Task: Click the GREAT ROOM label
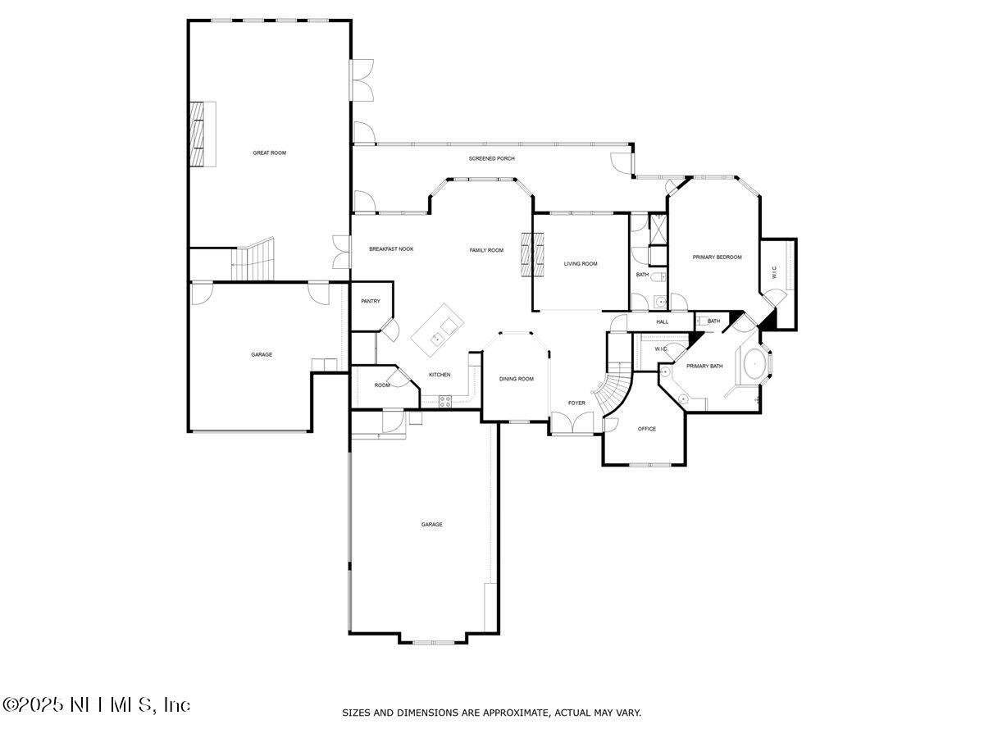coord(269,153)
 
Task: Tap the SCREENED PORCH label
coord(491,158)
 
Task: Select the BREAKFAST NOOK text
coord(390,249)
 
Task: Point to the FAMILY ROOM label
coord(486,250)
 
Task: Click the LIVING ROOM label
coord(580,264)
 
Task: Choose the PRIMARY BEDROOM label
coord(717,257)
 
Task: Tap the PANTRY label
coord(371,301)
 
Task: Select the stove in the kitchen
coord(447,400)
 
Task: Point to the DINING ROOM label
coord(517,379)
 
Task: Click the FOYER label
coord(577,403)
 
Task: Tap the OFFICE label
coord(647,429)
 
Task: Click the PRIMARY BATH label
coord(704,366)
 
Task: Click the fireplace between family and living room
coord(532,256)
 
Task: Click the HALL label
coord(662,321)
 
